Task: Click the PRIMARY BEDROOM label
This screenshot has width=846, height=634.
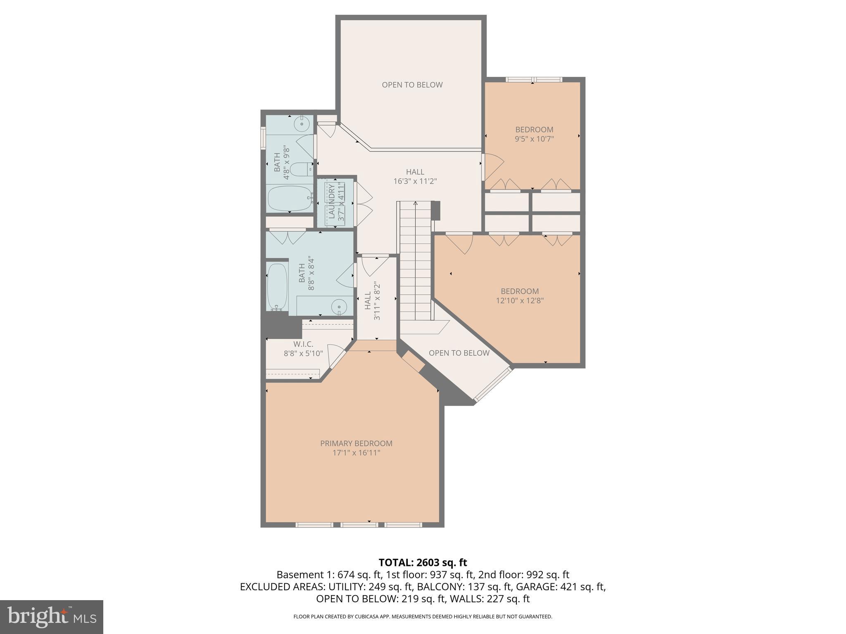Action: pyautogui.click(x=356, y=443)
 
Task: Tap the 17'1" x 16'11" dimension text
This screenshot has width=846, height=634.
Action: pyautogui.click(x=356, y=453)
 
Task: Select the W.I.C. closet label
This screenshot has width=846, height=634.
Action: pyautogui.click(x=303, y=344)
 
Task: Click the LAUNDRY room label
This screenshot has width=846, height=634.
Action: pyautogui.click(x=332, y=202)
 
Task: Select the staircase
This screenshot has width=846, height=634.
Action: pyautogui.click(x=416, y=260)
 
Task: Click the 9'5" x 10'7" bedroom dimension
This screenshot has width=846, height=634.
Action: pyautogui.click(x=534, y=139)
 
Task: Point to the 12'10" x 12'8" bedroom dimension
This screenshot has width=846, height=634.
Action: pyautogui.click(x=520, y=300)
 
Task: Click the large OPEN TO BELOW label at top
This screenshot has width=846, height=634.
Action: pyautogui.click(x=412, y=85)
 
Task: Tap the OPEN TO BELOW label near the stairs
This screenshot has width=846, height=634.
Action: pyautogui.click(x=459, y=353)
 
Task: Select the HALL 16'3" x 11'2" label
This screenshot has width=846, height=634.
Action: pyautogui.click(x=415, y=176)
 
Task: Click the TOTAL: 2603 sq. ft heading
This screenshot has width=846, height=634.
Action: pyautogui.click(x=423, y=562)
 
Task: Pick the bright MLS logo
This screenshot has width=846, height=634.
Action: pyautogui.click(x=52, y=617)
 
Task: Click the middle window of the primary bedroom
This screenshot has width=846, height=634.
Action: pyautogui.click(x=359, y=525)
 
